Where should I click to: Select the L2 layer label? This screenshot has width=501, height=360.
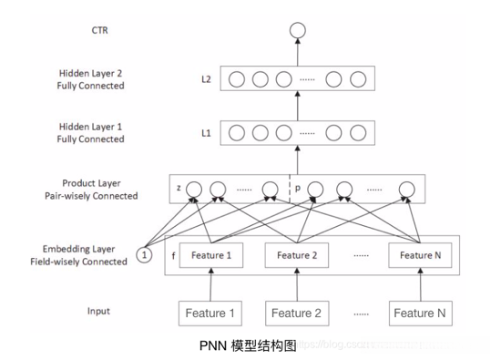[206, 79]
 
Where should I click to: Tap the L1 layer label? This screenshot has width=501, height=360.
[206, 133]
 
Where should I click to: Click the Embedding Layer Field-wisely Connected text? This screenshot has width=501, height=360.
[79, 255]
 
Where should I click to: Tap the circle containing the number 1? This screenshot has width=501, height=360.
[145, 254]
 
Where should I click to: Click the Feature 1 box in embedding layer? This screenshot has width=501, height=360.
[210, 255]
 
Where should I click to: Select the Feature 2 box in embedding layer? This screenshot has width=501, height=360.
[297, 255]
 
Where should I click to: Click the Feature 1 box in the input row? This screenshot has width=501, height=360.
[211, 314]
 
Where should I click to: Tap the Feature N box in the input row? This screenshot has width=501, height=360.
[419, 314]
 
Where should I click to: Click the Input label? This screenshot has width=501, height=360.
[99, 311]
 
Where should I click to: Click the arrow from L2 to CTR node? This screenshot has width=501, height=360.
[295, 55]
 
